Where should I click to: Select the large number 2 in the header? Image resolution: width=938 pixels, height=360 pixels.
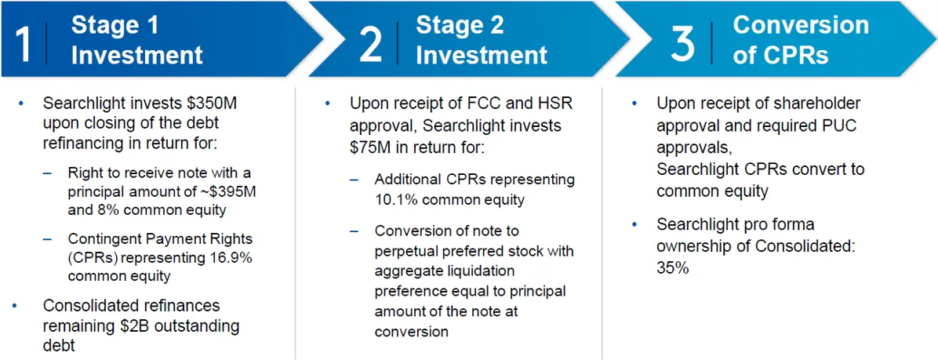point(371,43)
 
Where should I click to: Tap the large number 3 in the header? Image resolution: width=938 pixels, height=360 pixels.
point(683,43)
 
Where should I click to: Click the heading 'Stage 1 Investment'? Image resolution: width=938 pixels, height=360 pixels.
point(136,40)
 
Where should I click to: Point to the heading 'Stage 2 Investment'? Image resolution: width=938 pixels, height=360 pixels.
point(481,40)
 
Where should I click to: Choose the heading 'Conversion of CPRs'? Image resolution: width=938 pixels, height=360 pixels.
point(800,40)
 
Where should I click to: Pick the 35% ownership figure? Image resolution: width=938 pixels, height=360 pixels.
point(673,268)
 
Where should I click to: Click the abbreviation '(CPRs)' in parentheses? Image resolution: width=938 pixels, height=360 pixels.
point(91,258)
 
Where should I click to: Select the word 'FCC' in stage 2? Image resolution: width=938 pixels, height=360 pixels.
point(474,104)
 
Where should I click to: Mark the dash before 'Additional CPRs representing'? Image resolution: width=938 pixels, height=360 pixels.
point(355,180)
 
